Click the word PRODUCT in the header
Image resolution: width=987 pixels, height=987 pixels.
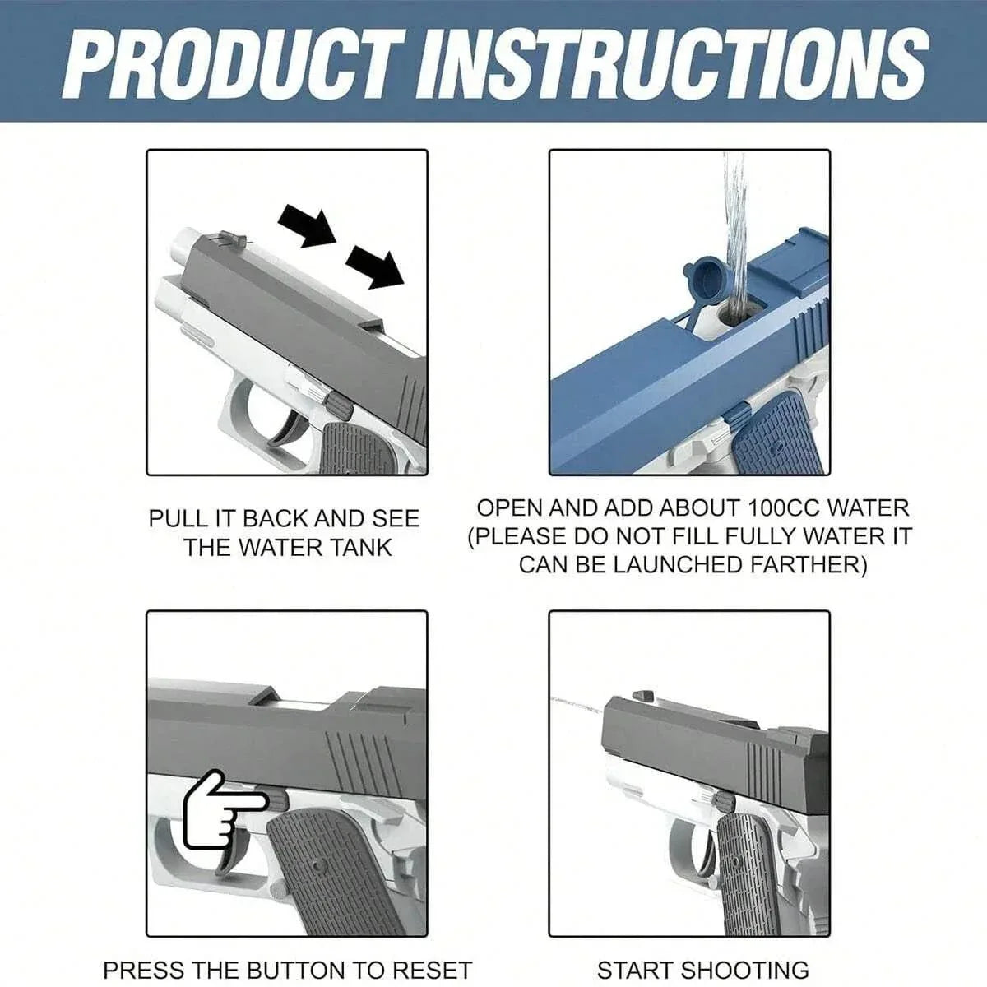239,62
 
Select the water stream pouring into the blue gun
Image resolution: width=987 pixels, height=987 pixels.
734,230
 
